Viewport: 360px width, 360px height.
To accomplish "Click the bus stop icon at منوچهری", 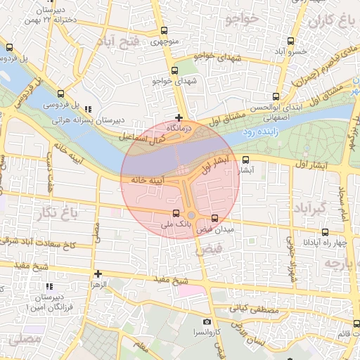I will (164, 30).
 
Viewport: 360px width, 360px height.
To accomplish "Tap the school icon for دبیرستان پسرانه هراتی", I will (88, 109).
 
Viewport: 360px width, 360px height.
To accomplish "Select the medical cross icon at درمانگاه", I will (180, 117).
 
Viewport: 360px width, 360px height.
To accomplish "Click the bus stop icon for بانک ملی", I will (176, 213).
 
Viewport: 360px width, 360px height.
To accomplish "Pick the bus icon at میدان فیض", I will (214, 218).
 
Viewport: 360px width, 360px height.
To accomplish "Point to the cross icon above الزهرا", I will (98, 274).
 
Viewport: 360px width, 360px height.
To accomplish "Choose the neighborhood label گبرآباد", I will (310, 208).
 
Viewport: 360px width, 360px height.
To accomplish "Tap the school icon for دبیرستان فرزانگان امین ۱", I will (49, 287).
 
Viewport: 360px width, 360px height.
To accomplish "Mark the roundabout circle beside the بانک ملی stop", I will (191, 215).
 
